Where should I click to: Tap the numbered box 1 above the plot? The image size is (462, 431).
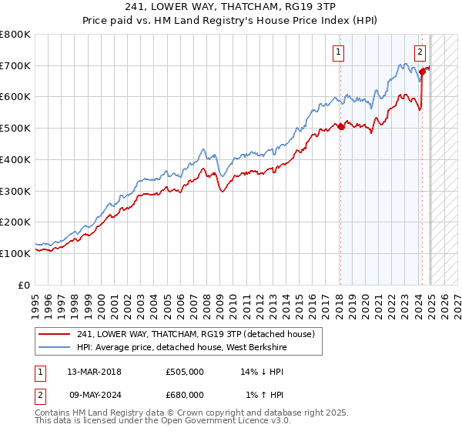coord(339,52)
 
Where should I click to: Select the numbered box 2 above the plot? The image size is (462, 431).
coord(420,52)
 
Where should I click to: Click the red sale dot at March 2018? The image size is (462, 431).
coord(340,127)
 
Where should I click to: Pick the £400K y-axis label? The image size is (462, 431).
coord(18,159)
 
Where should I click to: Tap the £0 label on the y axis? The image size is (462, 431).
coord(25,285)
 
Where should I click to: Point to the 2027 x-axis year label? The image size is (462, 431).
coord(455,299)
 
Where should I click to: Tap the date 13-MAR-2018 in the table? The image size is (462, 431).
coord(94,372)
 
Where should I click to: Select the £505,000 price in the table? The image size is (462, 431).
coord(184,372)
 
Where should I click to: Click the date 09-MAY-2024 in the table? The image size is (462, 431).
coord(94,395)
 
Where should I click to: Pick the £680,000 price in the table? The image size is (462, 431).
coord(184,395)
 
